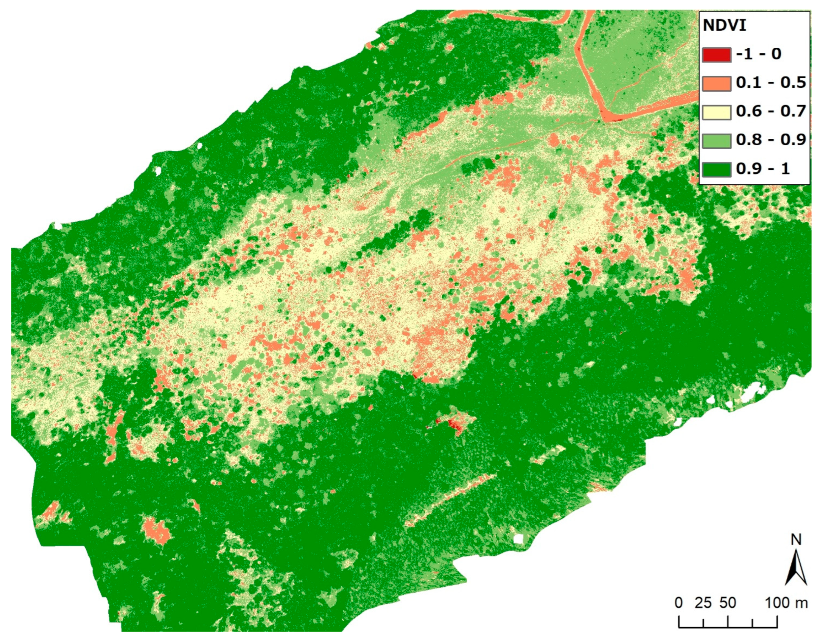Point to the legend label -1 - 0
(758, 54)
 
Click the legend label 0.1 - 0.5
(771, 83)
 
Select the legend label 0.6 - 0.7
(771, 111)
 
